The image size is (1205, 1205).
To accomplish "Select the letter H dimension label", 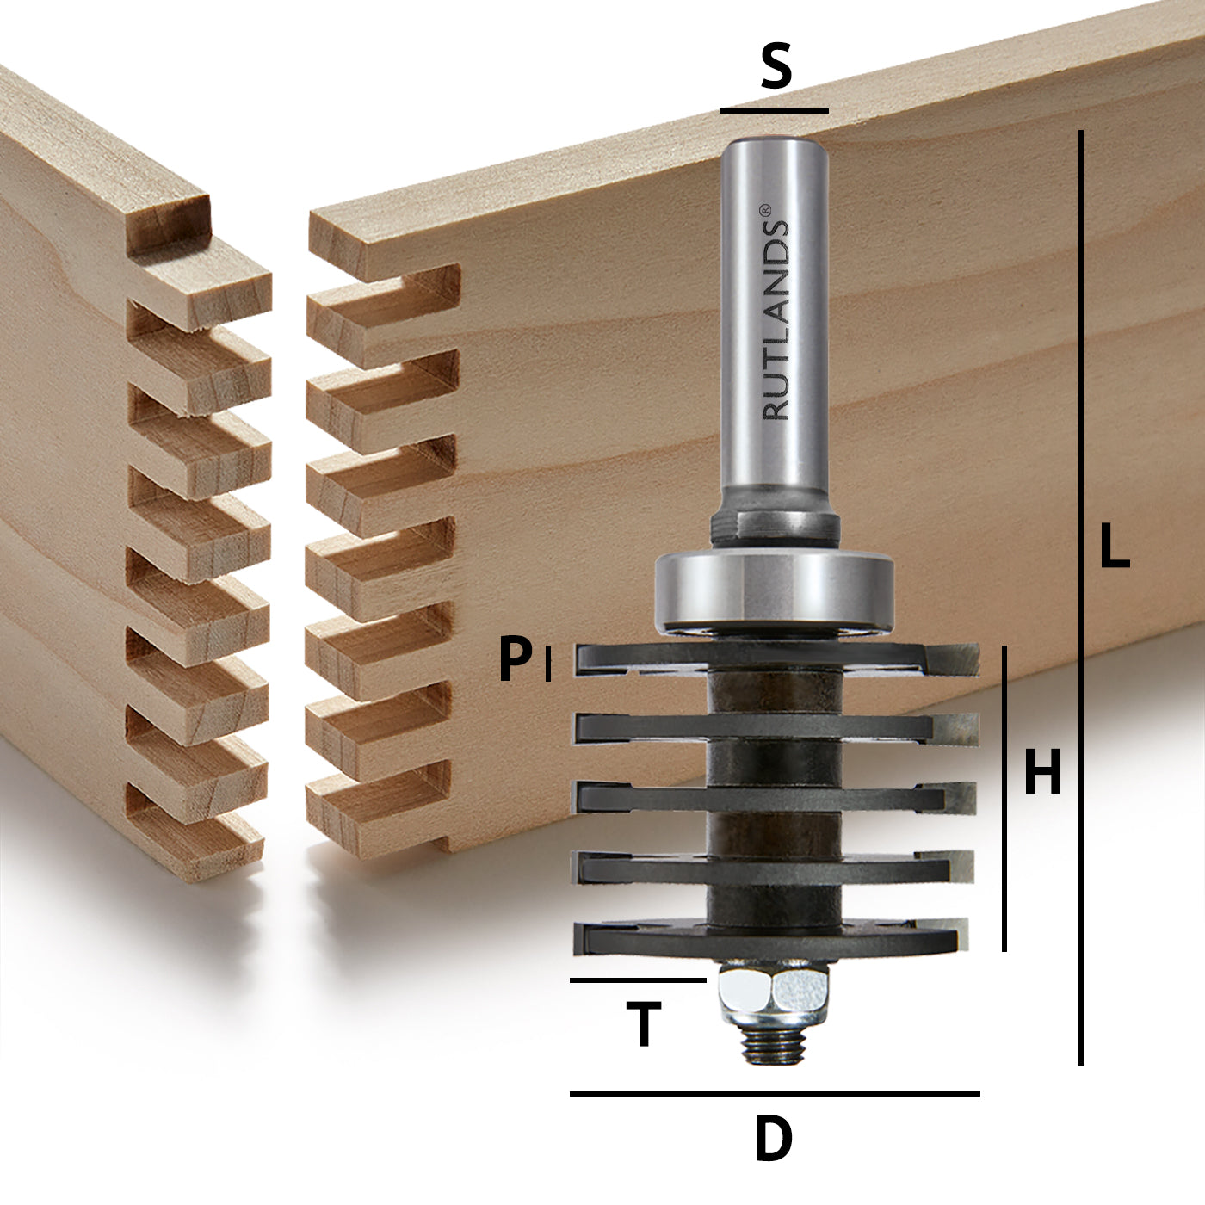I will coord(1042,772).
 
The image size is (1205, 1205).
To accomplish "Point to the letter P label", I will coord(516,660).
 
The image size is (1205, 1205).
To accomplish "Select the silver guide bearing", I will coord(774,590).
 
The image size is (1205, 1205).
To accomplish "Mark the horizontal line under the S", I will coord(774,111).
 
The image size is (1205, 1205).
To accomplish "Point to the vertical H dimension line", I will coord(1004,798).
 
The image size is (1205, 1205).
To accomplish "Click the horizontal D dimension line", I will coord(775,1094).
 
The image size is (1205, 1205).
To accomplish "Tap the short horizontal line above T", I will coord(638,980).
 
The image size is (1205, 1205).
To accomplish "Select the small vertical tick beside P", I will coord(548,663).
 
